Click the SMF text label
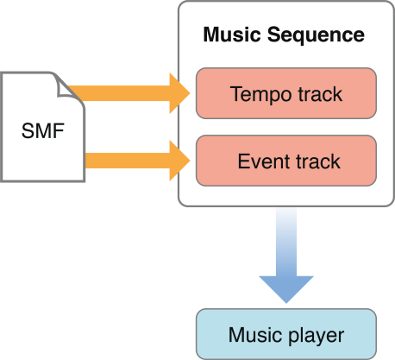tap(41, 134)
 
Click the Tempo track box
tap(286, 92)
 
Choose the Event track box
tap(286, 161)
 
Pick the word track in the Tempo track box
tap(318, 93)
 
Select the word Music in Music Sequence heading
tap(230, 36)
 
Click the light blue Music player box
tap(286, 334)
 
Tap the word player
tap(318, 335)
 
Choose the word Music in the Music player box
tap(254, 335)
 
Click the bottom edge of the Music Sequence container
tap(286, 205)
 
